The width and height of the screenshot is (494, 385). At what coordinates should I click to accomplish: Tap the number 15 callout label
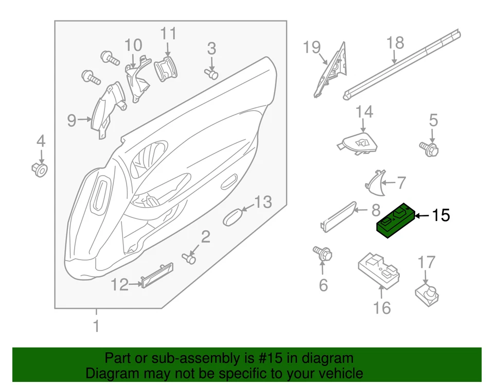click(x=440, y=216)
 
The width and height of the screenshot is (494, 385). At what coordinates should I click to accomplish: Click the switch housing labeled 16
click(x=380, y=268)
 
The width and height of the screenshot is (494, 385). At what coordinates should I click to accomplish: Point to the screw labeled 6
click(x=323, y=253)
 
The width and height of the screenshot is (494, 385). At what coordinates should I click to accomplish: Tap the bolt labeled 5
click(x=431, y=149)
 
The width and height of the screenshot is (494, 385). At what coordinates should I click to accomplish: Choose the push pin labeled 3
click(x=211, y=75)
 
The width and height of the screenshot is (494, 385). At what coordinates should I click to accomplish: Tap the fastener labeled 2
click(x=190, y=259)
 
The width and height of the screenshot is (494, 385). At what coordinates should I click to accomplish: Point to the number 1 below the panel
click(x=96, y=325)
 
